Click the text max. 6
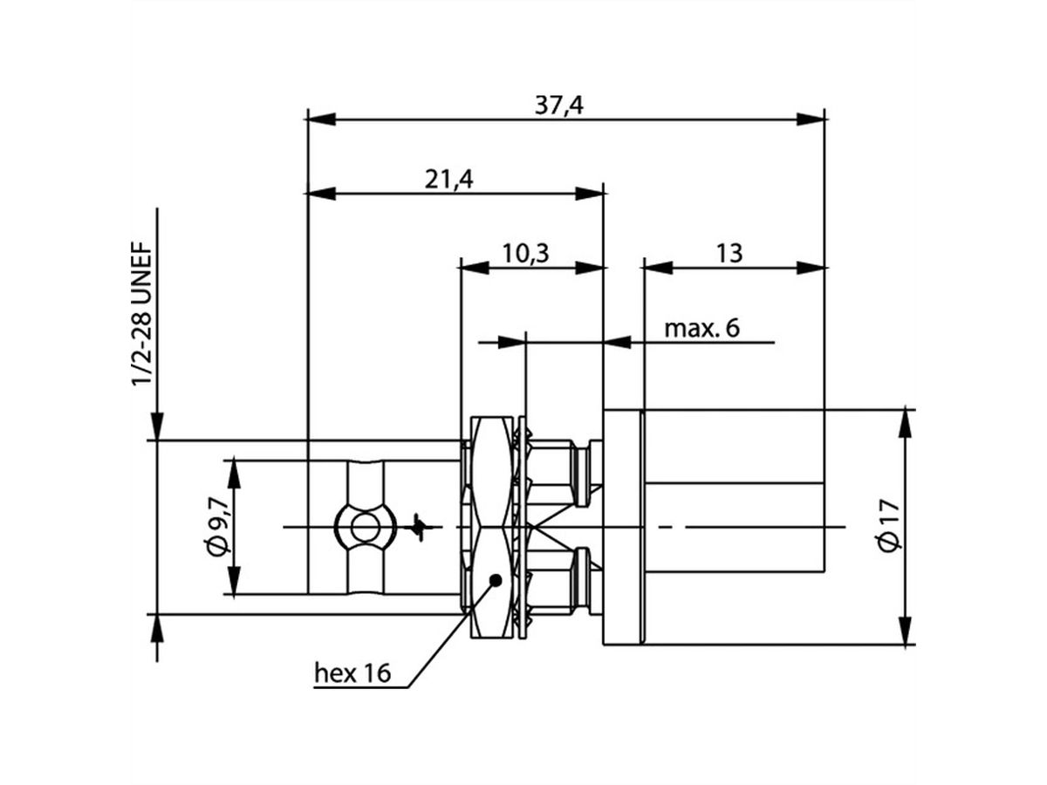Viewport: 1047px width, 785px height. pyautogui.click(x=701, y=329)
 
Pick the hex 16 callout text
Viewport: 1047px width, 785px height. pyautogui.click(x=352, y=672)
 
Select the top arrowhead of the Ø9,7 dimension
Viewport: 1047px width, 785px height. pyautogui.click(x=234, y=473)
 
